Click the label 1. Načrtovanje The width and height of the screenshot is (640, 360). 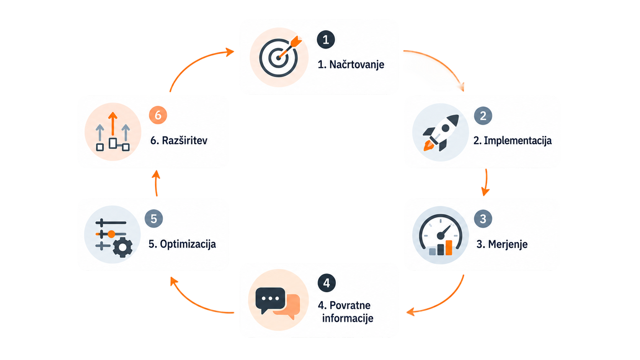point(351,65)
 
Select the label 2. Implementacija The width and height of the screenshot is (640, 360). point(513,141)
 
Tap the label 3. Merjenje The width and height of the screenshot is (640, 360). point(502,244)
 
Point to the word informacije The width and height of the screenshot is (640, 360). point(348,318)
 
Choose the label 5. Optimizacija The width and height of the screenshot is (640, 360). point(182,244)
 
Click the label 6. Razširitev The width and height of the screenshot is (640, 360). point(179,140)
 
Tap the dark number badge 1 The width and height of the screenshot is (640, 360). point(326,40)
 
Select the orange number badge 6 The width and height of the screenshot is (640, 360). point(158,115)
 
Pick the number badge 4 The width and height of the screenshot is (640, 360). point(327,283)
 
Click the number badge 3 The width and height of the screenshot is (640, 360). point(483,219)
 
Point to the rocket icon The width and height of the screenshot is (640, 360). point(441,133)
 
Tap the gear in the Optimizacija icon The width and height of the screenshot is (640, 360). point(122,248)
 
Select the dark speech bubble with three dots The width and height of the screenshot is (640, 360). point(270,300)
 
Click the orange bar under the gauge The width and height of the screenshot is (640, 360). point(449,248)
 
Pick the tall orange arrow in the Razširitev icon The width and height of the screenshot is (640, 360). point(113,124)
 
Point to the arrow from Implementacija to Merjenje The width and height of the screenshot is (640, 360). point(486,183)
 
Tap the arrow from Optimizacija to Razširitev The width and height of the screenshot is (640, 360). point(156,183)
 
